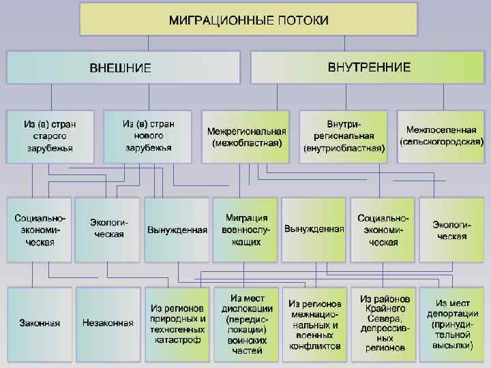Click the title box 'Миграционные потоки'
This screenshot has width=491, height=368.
click(x=248, y=20)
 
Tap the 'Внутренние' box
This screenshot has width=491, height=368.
click(x=368, y=67)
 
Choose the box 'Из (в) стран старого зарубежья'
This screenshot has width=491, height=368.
click(x=50, y=136)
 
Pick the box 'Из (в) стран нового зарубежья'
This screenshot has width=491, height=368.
click(x=148, y=136)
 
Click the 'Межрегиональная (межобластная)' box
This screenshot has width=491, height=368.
click(x=246, y=136)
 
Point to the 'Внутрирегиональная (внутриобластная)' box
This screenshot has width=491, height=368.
click(x=344, y=136)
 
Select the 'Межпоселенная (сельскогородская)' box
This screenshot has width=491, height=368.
click(x=442, y=136)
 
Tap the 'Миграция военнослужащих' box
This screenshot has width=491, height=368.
click(x=245, y=230)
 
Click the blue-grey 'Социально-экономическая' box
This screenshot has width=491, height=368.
click(x=40, y=230)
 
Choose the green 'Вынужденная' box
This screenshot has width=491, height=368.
click(x=314, y=230)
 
